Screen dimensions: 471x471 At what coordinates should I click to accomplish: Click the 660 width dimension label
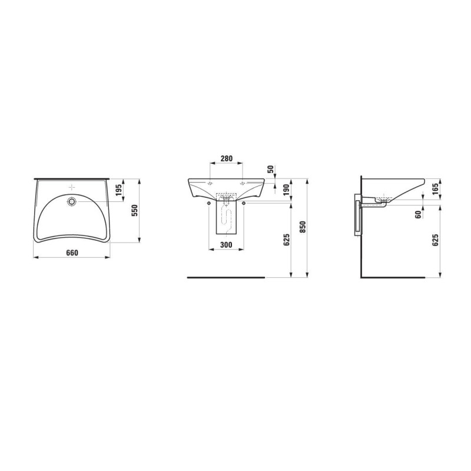tap(72, 253)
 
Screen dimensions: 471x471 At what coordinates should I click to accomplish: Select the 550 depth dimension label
tap(135, 211)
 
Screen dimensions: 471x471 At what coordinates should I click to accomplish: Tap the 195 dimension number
tap(118, 190)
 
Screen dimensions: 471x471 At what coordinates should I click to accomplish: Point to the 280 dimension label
tap(227, 158)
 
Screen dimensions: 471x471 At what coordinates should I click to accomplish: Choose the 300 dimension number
tap(226, 245)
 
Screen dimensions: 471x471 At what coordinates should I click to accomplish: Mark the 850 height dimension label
tap(303, 227)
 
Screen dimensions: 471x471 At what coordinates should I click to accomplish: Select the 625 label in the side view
tap(435, 240)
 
